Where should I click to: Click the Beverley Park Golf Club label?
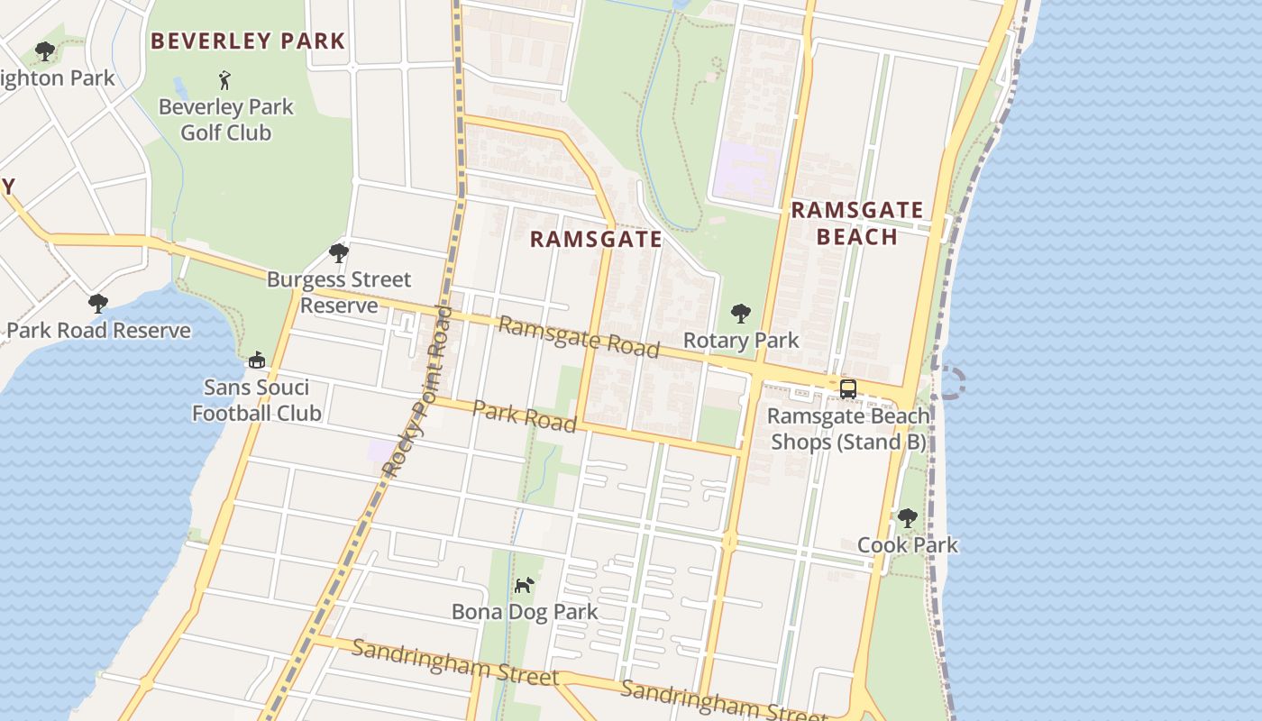click(225, 120)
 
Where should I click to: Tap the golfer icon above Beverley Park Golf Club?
click(224, 80)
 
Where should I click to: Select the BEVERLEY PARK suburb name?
click(248, 41)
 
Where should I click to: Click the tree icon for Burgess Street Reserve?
click(339, 253)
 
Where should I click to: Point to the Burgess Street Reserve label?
click(339, 293)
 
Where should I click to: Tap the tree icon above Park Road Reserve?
click(98, 304)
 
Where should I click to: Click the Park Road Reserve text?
click(98, 331)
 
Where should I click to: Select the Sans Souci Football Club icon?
click(257, 360)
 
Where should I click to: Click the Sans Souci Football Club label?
click(257, 401)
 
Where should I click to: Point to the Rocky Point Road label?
click(417, 390)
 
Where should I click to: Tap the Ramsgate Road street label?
click(579, 337)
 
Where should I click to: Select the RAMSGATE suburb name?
click(596, 239)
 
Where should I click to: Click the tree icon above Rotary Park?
click(741, 314)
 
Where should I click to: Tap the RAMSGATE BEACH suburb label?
click(856, 224)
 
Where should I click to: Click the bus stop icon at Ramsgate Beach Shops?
click(848, 389)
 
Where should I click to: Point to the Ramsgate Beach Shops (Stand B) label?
click(847, 429)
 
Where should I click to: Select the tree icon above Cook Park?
click(907, 518)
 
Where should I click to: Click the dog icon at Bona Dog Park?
click(524, 585)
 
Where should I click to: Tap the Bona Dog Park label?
click(525, 612)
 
